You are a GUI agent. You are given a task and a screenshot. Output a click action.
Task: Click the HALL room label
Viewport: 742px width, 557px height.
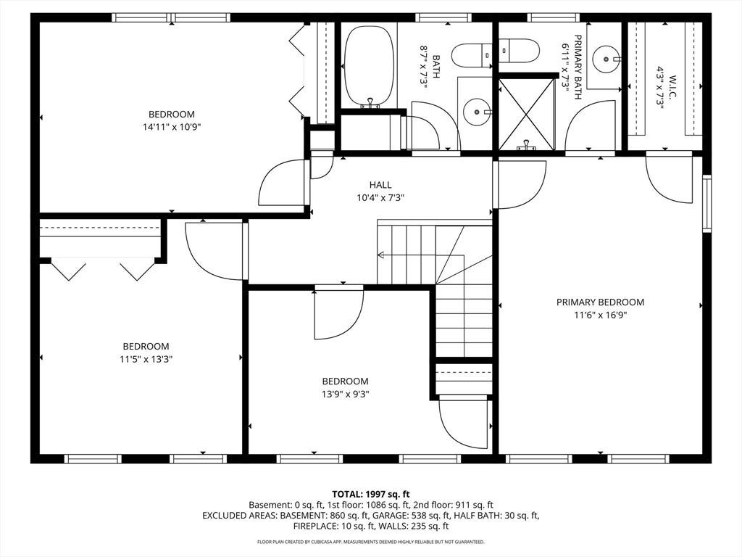(380, 185)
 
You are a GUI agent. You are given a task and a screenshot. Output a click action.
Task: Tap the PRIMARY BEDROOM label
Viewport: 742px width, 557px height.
(600, 302)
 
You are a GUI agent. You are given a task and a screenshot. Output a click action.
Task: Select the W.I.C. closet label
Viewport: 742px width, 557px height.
(672, 88)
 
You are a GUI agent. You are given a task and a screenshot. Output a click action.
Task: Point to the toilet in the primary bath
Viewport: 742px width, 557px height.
(519, 51)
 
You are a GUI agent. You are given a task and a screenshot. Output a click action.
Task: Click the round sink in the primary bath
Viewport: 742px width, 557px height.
(606, 59)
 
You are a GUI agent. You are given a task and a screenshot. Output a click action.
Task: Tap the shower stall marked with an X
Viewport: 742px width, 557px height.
(526, 114)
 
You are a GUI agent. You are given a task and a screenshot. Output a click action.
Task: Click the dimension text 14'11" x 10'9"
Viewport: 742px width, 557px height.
(169, 127)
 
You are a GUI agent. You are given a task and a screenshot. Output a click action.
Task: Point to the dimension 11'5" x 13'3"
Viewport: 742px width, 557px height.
(146, 359)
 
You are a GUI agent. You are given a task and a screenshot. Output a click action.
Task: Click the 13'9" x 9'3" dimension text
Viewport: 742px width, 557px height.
(345, 394)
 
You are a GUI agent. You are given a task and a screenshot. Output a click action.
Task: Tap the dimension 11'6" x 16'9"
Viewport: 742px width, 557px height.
(600, 315)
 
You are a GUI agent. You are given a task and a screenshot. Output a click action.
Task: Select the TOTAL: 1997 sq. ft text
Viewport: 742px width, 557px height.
(370, 495)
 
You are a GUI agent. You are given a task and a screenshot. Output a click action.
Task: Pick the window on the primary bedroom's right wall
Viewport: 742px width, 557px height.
(706, 203)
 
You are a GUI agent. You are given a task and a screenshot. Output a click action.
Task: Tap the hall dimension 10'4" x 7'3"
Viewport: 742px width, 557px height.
(380, 197)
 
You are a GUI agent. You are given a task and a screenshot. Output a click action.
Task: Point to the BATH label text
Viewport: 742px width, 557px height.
(435, 66)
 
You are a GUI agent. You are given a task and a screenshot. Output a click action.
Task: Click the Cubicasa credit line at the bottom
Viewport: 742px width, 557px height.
(370, 541)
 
